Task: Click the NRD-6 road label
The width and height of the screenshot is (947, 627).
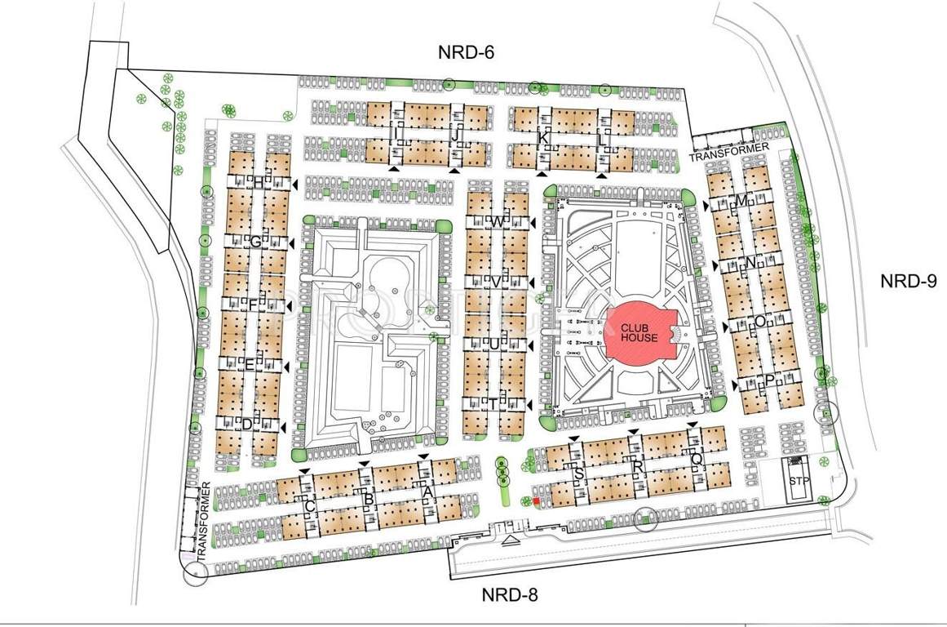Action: [x=466, y=52]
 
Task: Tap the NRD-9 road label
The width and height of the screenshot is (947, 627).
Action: [x=908, y=282]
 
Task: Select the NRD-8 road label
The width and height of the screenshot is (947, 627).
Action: [x=509, y=594]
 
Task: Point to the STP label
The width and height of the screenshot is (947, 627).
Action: [x=797, y=481]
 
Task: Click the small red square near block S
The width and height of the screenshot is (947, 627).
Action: [x=536, y=501]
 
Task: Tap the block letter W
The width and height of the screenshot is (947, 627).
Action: [x=496, y=222]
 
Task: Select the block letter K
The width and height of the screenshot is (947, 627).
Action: [x=543, y=137]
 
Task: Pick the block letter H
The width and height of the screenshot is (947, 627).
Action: [x=259, y=182]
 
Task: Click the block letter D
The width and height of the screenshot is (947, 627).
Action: [x=246, y=423]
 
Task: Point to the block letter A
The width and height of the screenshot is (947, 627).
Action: [x=427, y=491]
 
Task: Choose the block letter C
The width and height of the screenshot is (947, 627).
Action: [x=309, y=507]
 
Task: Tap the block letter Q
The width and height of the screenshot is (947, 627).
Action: [x=696, y=459]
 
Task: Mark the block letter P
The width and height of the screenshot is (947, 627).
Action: [x=769, y=381]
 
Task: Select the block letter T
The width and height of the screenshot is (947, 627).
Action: [x=493, y=402]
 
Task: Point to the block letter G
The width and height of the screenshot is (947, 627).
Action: [x=255, y=242]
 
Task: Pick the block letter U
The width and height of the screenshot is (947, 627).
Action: [x=494, y=343]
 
